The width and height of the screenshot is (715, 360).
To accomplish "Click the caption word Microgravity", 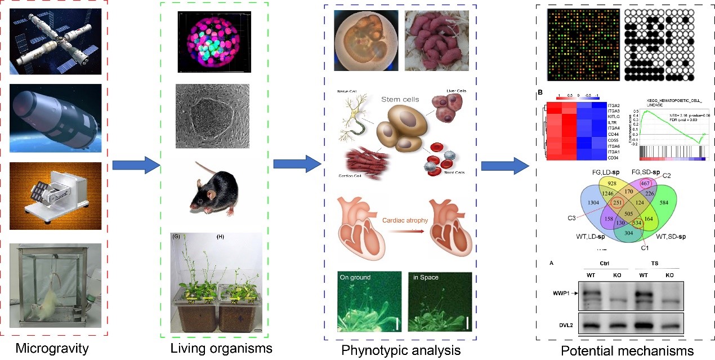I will pos(52,348).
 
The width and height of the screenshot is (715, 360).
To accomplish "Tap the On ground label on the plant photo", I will pos(357,277).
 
